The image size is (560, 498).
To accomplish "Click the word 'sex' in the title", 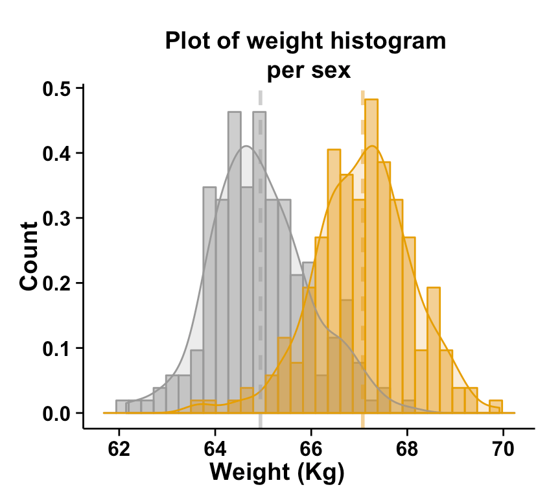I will pyautogui.click(x=332, y=70).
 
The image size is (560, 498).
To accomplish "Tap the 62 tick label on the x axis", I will pyautogui.click(x=119, y=448).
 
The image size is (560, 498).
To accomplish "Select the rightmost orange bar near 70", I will pyautogui.click(x=495, y=407).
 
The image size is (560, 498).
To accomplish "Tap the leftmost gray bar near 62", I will pyautogui.click(x=121, y=407).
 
